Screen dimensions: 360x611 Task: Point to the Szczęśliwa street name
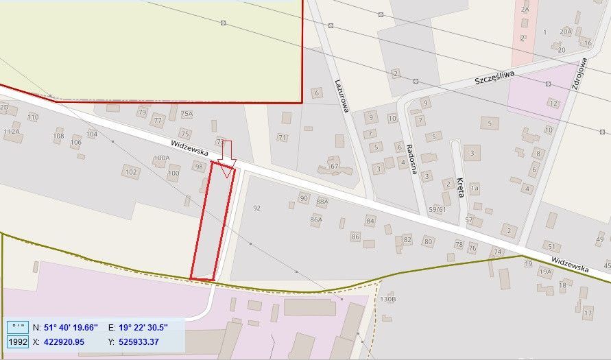[494, 80]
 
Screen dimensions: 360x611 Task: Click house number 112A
[12, 131]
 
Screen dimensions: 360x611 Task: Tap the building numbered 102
[130, 172]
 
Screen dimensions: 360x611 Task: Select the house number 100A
[161, 158]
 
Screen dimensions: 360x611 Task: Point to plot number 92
[257, 208]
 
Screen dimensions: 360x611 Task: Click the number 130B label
[388, 300]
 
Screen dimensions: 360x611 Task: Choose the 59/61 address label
[437, 209]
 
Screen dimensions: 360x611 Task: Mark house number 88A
[322, 202]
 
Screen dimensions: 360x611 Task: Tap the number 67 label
[335, 167]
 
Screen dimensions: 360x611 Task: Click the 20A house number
[565, 32]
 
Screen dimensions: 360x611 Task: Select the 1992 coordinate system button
[17, 341]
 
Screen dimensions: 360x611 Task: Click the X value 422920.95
[64, 341]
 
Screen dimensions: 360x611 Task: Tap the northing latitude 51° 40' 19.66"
[71, 327]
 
